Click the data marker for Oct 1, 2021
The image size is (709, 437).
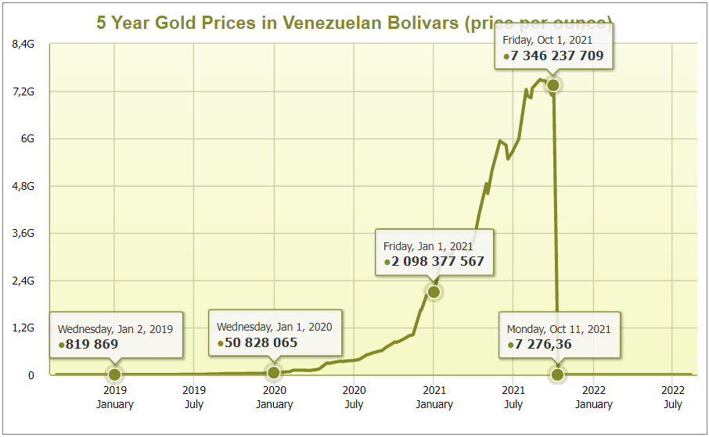coord(552,85)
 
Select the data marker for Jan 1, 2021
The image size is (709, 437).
coord(434,292)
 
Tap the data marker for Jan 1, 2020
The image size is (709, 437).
coord(273,373)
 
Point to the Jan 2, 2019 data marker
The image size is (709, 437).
coord(114,374)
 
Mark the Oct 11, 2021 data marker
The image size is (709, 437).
coord(557,374)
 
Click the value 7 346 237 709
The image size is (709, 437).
coord(556,56)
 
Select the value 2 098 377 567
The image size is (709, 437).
coord(438,262)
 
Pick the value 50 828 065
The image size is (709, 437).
coord(261,342)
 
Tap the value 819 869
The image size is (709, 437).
coord(92,344)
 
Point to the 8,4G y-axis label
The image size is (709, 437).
coord(25,45)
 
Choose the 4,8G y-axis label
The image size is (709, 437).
coord(25,186)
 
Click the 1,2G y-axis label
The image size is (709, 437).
coord(25,328)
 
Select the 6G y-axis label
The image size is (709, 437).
coord(27,139)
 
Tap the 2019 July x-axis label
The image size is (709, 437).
coord(194,397)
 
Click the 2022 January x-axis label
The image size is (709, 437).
coord(593,397)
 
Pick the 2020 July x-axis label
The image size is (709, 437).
coord(354,397)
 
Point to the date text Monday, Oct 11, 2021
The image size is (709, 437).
coord(559,329)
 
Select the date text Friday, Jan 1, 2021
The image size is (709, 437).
coord(428,246)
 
